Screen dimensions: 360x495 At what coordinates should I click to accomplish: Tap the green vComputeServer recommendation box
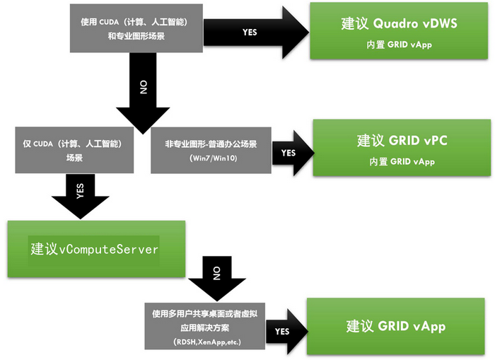95,248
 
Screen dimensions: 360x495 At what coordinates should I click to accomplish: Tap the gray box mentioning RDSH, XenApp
206,326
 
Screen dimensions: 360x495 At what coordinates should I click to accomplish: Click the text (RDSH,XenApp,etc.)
206,342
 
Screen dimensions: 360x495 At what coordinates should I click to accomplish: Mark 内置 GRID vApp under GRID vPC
402,161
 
